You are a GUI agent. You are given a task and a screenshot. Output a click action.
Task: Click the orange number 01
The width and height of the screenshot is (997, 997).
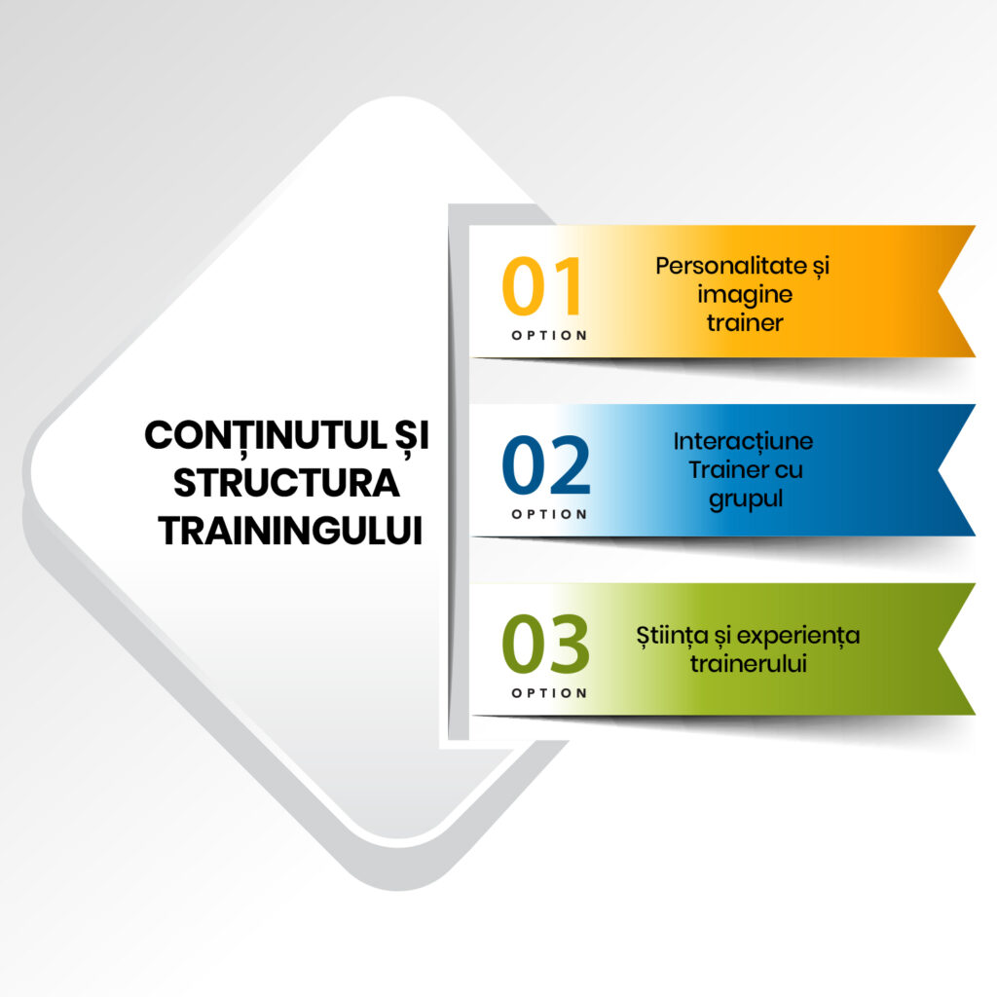tap(541, 286)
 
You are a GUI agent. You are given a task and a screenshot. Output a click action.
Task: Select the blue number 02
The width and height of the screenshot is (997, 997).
tap(546, 464)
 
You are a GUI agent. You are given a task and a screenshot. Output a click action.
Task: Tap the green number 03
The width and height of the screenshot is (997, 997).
tap(545, 644)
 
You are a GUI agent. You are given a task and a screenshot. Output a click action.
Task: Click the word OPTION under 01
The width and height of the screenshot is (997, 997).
tap(549, 336)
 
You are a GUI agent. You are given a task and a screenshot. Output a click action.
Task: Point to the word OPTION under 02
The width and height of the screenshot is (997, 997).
tap(549, 514)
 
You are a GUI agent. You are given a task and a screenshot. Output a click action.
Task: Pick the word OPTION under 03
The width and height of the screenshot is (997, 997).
tap(549, 693)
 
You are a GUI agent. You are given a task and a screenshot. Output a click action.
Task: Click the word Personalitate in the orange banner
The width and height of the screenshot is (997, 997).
tap(731, 266)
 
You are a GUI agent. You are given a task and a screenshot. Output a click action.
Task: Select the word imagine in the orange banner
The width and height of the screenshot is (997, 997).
tap(745, 295)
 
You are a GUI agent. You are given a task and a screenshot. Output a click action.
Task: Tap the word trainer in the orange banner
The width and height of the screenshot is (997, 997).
tap(745, 323)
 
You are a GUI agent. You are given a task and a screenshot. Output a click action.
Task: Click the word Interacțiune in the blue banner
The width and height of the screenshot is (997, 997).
tap(743, 442)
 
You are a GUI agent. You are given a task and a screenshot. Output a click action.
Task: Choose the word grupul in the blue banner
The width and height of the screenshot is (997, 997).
tap(745, 499)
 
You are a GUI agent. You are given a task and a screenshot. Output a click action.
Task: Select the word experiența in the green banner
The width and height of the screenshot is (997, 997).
tap(798, 636)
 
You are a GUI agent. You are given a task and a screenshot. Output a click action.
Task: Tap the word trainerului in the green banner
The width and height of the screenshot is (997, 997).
tap(749, 664)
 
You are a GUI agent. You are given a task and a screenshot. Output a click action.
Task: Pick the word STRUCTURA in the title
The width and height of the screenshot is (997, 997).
tap(286, 484)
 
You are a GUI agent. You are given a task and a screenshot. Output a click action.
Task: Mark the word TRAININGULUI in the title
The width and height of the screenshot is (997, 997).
tap(290, 531)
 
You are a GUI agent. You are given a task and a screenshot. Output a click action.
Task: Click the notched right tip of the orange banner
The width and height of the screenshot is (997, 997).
tap(940, 291)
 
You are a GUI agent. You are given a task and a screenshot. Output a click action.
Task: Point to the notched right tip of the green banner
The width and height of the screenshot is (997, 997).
tap(940, 649)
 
